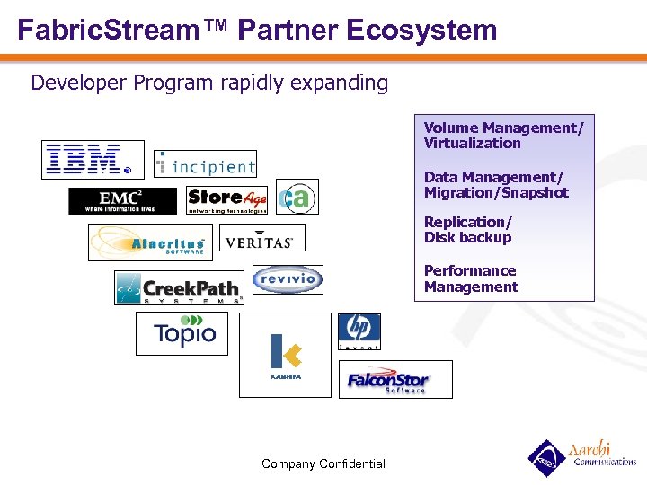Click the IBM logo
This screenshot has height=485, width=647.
pyautogui.click(x=93, y=159)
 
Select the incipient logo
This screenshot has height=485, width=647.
pyautogui.click(x=206, y=163)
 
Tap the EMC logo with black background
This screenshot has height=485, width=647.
pyautogui.click(x=122, y=201)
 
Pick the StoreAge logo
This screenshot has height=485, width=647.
pyautogui.click(x=227, y=200)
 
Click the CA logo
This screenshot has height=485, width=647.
pyautogui.click(x=297, y=198)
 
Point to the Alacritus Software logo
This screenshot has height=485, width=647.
pyautogui.click(x=150, y=242)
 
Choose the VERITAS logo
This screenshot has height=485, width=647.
pyautogui.click(x=262, y=238)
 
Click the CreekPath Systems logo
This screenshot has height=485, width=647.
pyautogui.click(x=179, y=288)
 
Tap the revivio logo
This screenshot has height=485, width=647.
pyautogui.click(x=287, y=279)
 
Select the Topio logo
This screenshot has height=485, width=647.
pyautogui.click(x=182, y=334)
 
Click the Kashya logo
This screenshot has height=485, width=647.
pyautogui.click(x=285, y=355)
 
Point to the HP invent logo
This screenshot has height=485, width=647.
pyautogui.click(x=359, y=331)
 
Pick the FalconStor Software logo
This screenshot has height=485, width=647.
pyautogui.click(x=394, y=379)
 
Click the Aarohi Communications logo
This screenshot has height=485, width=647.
pyautogui.click(x=581, y=456)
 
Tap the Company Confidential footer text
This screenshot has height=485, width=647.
pyautogui.click(x=323, y=464)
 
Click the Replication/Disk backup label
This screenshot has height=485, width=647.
pyautogui.click(x=468, y=230)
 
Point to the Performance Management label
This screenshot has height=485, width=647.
pyautogui.click(x=471, y=278)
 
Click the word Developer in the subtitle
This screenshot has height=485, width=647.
pyautogui.click(x=79, y=84)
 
